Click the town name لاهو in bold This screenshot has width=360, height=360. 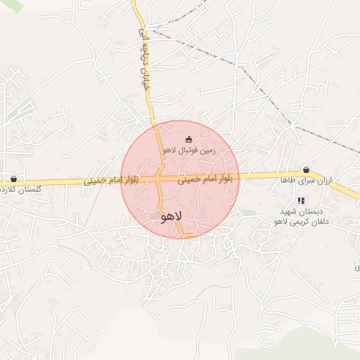pyautogui.click(x=171, y=217)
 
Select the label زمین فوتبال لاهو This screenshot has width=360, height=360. pyautogui.click(x=188, y=150)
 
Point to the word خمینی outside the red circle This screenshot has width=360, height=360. pyautogui.click(x=98, y=181)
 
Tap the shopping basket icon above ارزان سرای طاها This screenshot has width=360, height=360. pyautogui.click(x=306, y=169)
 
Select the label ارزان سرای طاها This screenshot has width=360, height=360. pyautogui.click(x=306, y=181)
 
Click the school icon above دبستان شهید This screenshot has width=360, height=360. pyautogui.click(x=301, y=200)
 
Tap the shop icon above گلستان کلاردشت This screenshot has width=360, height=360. pyautogui.click(x=13, y=179)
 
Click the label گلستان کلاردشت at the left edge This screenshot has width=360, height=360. pyautogui.click(x=21, y=190)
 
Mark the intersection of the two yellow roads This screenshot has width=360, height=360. pyautogui.click(x=161, y=181)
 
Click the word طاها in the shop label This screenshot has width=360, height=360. pyautogui.click(x=287, y=181)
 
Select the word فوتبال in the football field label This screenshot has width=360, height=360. pyautogui.click(x=187, y=150)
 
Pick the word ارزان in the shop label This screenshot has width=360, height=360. pyautogui.click(x=324, y=181)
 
